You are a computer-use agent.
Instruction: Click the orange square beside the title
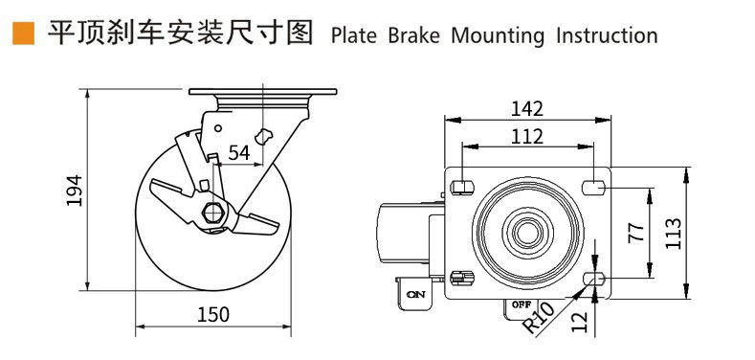click(x=23, y=34)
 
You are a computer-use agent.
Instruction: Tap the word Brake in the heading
click(x=413, y=35)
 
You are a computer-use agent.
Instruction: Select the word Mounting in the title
click(x=498, y=36)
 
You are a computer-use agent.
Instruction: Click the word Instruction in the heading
click(x=607, y=35)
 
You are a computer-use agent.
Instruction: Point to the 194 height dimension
click(x=75, y=191)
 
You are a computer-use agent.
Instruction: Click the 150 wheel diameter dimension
click(x=213, y=315)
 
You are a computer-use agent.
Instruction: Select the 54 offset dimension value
click(x=239, y=153)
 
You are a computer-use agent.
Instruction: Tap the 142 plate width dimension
click(x=527, y=109)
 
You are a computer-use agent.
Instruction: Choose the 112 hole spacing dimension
click(x=527, y=136)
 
